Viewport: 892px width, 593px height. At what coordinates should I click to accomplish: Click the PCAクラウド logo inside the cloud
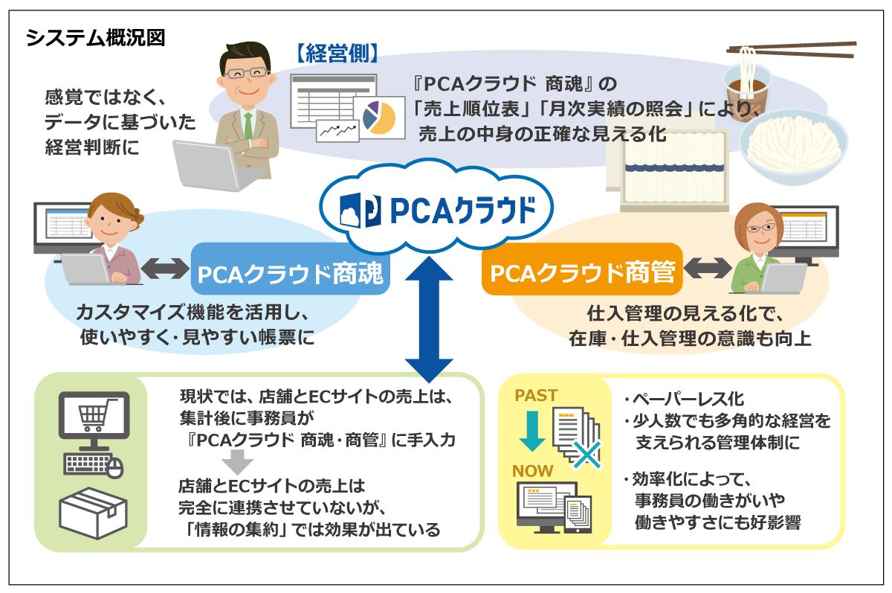pos(428,211)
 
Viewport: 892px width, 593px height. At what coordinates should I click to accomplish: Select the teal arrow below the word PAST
pos(531,431)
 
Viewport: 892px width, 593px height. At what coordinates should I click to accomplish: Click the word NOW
pos(532,470)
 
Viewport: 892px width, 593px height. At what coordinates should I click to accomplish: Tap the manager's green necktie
pos(249,126)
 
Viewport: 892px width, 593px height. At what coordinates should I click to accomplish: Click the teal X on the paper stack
pos(587,454)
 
